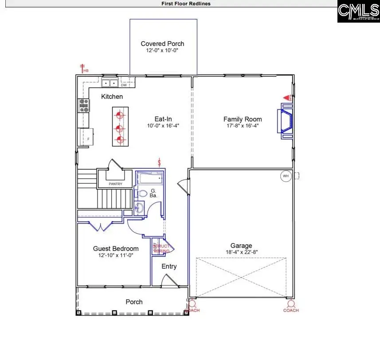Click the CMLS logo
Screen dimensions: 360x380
[x=358, y=12]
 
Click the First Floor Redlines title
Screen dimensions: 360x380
[x=186, y=4]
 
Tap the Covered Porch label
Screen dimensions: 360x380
[x=162, y=43]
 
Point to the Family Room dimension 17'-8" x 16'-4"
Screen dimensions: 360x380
[x=243, y=125]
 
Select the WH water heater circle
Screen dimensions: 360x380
[x=285, y=176]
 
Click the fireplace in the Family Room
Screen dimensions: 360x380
[x=285, y=119]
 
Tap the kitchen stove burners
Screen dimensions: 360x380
[x=83, y=105]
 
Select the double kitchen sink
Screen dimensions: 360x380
[x=109, y=83]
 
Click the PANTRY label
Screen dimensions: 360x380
[x=109, y=184]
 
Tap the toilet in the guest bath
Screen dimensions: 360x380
[x=141, y=194]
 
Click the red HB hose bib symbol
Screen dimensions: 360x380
[x=83, y=69]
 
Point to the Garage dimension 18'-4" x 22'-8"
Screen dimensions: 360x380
[x=241, y=252]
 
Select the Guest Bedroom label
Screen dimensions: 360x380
[x=116, y=249]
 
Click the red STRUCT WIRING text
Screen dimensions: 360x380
[x=161, y=249]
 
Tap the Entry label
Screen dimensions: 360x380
[x=169, y=266]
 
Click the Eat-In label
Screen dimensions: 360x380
[x=163, y=119]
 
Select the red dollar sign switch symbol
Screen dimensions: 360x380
[x=159, y=163]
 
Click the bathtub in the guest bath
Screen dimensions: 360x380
[x=149, y=179]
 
